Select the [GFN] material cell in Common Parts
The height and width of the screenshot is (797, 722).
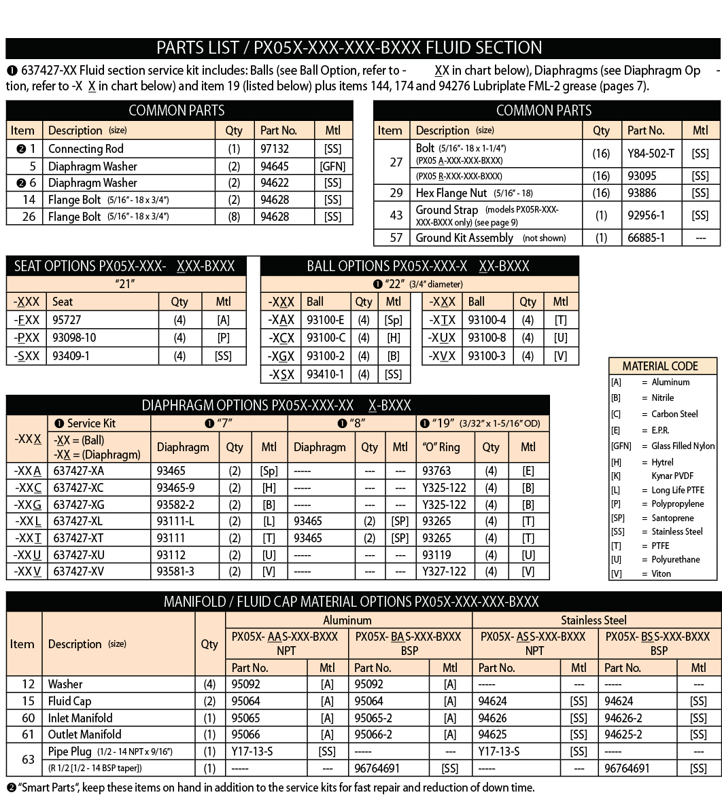(x=332, y=166)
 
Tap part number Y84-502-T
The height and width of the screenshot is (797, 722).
(x=651, y=154)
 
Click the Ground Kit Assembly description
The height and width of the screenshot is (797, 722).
(x=464, y=238)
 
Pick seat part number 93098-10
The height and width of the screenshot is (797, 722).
(x=74, y=338)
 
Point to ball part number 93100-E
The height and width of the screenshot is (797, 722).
(x=325, y=320)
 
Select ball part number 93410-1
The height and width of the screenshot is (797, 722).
(x=325, y=374)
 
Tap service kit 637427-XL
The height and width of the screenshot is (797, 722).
(x=79, y=521)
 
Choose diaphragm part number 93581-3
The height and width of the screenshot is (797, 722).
(x=175, y=571)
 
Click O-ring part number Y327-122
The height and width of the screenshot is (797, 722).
(x=444, y=571)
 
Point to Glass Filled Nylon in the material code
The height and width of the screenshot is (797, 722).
(x=683, y=446)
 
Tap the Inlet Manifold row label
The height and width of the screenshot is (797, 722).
(x=80, y=718)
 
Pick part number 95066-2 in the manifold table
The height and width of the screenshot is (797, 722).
(x=373, y=734)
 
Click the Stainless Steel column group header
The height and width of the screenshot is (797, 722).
(x=594, y=620)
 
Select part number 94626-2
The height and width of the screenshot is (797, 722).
(x=623, y=718)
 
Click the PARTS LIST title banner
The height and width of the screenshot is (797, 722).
(x=349, y=48)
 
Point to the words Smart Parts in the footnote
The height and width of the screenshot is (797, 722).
(x=44, y=787)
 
